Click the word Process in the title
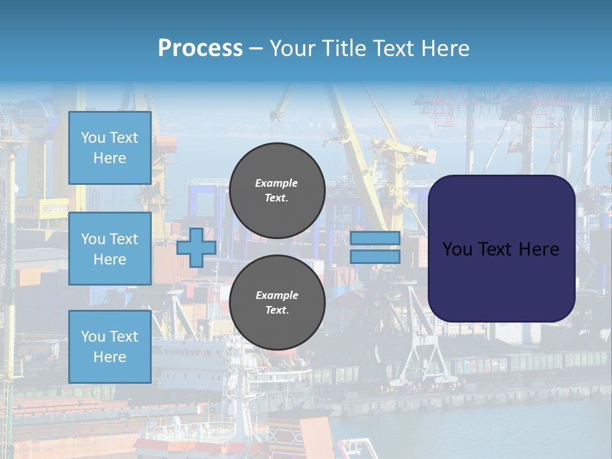200,48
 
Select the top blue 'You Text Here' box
110,148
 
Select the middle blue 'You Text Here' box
110,249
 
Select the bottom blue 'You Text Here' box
110,346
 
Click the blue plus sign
196,247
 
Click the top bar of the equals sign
375,238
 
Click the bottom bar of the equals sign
375,257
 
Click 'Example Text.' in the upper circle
277,190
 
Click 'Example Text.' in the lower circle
277,303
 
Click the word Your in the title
294,48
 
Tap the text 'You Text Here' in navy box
500,249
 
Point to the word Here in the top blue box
110,158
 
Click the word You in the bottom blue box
93,337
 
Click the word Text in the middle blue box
124,239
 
